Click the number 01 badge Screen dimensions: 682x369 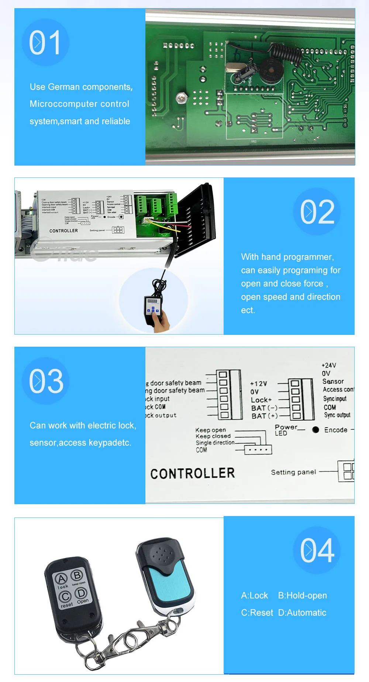45,43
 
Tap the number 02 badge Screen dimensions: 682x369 317,211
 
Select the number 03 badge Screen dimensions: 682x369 46,381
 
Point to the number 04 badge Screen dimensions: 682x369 317,550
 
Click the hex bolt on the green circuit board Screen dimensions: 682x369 180,98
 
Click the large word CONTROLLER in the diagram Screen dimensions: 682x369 192,474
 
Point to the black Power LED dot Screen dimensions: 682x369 315,430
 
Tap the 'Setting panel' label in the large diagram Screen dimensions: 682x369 293,472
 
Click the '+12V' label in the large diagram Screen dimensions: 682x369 258,384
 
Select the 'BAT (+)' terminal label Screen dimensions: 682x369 264,416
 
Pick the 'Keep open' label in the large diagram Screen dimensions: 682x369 210,430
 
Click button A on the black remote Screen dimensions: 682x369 61,578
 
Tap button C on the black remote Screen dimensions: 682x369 65,596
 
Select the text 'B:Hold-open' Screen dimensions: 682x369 302,596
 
